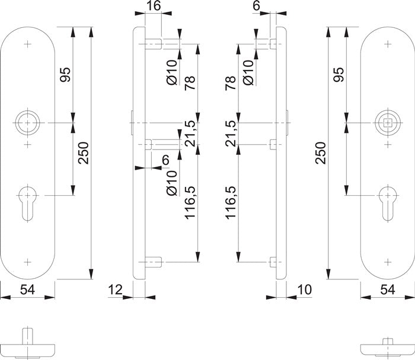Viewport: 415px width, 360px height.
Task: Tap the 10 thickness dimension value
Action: (x=305, y=290)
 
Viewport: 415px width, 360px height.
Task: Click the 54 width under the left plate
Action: (x=27, y=290)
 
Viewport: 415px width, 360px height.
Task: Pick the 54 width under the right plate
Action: (x=388, y=290)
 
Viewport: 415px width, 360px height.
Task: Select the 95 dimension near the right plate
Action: (x=338, y=75)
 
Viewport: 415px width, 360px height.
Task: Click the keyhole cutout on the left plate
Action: (x=27, y=200)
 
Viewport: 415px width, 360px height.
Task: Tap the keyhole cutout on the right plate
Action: (x=388, y=200)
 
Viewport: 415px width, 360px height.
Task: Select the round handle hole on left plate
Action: (x=27, y=123)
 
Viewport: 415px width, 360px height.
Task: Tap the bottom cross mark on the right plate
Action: (x=388, y=261)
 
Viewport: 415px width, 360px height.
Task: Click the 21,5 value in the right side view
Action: (x=231, y=133)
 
